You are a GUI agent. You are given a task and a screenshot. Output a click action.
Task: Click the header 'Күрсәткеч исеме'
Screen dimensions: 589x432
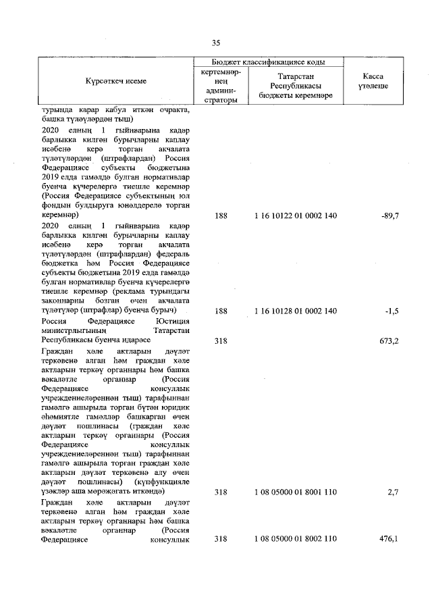[115, 81]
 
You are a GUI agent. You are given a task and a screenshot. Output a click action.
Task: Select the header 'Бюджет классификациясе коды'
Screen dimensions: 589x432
[269, 61]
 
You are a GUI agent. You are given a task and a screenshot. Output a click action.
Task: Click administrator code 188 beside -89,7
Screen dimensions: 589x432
[221, 215]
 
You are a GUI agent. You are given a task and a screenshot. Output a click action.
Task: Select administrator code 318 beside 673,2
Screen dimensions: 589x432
[221, 341]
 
